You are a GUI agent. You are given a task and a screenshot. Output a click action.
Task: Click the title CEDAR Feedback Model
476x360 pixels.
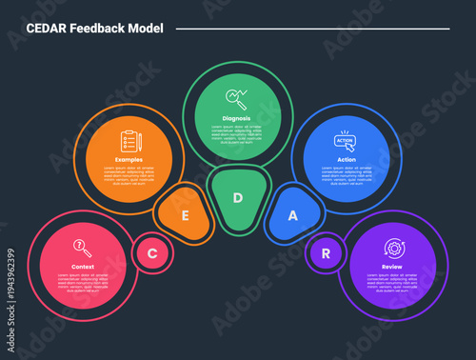[x=95, y=29]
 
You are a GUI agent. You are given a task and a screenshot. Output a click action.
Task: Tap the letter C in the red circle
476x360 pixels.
[x=151, y=253]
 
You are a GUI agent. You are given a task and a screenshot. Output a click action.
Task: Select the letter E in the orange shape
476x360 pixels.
[x=185, y=215]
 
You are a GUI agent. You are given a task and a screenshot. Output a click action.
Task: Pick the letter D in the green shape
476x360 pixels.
[x=239, y=198]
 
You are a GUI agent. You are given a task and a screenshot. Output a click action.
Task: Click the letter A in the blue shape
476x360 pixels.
[x=292, y=215]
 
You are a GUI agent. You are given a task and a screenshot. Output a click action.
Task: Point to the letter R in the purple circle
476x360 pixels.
[x=326, y=253]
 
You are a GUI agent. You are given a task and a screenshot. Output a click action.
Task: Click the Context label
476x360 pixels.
[x=83, y=267]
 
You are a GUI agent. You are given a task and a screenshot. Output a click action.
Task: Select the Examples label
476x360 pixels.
[x=129, y=159]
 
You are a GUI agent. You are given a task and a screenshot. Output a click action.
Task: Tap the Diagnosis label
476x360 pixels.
[x=237, y=118]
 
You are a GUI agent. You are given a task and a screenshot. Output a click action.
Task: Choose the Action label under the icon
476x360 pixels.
[x=347, y=159]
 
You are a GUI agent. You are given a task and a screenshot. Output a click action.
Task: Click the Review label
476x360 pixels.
[x=392, y=267]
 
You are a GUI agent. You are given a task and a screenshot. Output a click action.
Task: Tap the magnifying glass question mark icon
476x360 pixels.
[x=83, y=248]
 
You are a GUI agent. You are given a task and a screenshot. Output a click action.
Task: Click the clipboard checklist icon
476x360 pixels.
[x=129, y=142]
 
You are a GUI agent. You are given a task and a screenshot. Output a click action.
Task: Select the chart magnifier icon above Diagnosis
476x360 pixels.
[x=237, y=98]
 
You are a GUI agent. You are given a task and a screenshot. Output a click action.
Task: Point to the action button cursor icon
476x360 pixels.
[x=346, y=141]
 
